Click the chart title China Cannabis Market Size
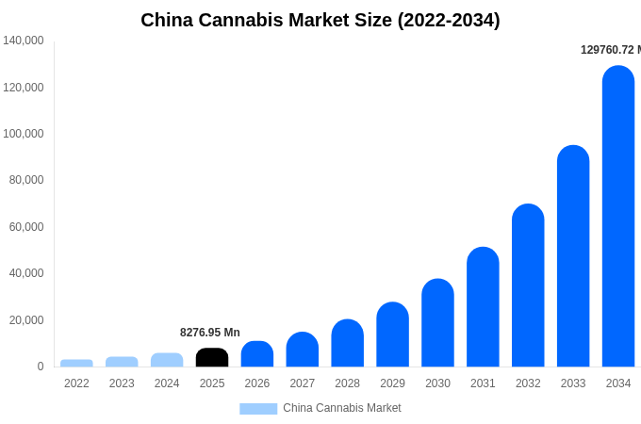click(x=320, y=20)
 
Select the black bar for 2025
click(x=212, y=358)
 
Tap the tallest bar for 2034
click(x=618, y=217)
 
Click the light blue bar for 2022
click(x=76, y=363)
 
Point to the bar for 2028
click(x=347, y=343)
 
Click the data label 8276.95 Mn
click(x=210, y=333)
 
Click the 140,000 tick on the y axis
click(x=24, y=41)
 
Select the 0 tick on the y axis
click(x=40, y=367)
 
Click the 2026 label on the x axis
click(x=257, y=383)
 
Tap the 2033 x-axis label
click(x=573, y=383)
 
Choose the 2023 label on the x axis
click(x=122, y=383)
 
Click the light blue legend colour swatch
click(x=258, y=409)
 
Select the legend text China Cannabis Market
click(x=342, y=408)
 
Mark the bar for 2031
click(x=483, y=307)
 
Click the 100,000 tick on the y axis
click(x=24, y=134)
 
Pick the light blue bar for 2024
click(x=167, y=360)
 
